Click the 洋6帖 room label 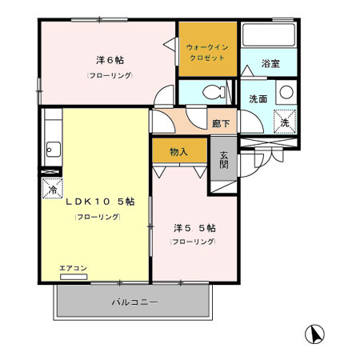(110, 60)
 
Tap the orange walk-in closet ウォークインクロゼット (207, 53)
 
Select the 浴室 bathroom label (270, 64)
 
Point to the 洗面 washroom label (258, 100)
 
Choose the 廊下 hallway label (221, 123)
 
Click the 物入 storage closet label (178, 151)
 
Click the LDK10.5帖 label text (94, 201)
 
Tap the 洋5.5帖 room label (194, 227)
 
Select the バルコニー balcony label (134, 302)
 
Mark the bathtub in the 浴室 (269, 36)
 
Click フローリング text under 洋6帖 (110, 75)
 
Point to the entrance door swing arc (254, 164)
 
